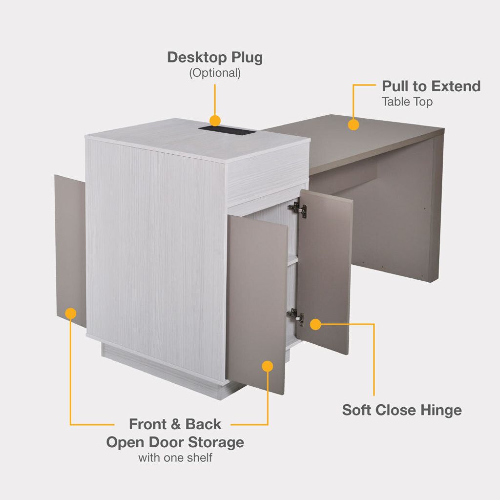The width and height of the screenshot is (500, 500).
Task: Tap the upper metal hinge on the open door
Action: coord(298,209)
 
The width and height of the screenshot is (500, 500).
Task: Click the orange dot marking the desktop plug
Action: coord(215,121)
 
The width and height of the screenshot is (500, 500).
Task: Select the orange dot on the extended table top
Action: coord(354,125)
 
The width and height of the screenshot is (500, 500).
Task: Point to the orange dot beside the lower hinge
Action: coord(315,324)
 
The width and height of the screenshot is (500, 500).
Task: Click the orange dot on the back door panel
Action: coord(70,313)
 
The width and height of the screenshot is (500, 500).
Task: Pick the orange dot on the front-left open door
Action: coord(267,366)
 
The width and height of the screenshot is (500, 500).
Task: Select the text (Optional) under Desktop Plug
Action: coord(215,73)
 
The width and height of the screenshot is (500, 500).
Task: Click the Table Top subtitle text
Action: coord(407,102)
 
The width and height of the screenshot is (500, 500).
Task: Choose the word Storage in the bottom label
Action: coord(215,442)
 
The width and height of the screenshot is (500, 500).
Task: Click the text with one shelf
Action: coord(175,458)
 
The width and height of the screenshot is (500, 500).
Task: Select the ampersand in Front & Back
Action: coord(175,424)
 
